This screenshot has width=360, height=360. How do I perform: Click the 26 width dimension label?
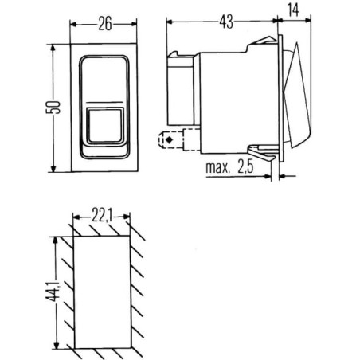click(x=105, y=23)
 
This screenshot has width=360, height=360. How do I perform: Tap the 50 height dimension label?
click(x=53, y=108)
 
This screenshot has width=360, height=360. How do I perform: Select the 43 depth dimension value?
click(x=226, y=22)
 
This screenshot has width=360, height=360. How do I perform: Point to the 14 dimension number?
click(x=294, y=10)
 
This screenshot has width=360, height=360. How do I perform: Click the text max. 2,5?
click(x=229, y=167)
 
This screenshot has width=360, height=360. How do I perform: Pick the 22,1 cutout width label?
click(x=102, y=216)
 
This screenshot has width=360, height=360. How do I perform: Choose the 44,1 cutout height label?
click(x=53, y=292)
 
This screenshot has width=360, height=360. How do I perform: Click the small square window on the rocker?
click(x=105, y=126)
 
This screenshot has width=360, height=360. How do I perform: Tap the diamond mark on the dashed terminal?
click(x=169, y=139)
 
